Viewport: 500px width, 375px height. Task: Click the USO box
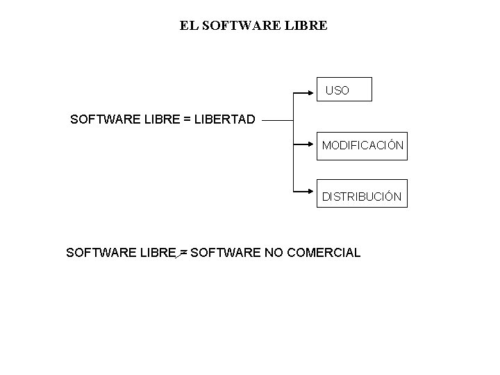[344, 90]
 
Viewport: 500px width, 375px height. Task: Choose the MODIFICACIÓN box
[362, 146]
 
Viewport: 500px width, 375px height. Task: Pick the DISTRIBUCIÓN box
[362, 197]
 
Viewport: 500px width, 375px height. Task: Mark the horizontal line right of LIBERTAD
[278, 119]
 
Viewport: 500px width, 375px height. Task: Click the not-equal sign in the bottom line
[183, 253]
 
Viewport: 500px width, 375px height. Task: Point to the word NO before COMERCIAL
[272, 253]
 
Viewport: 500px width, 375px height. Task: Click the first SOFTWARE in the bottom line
[100, 253]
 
